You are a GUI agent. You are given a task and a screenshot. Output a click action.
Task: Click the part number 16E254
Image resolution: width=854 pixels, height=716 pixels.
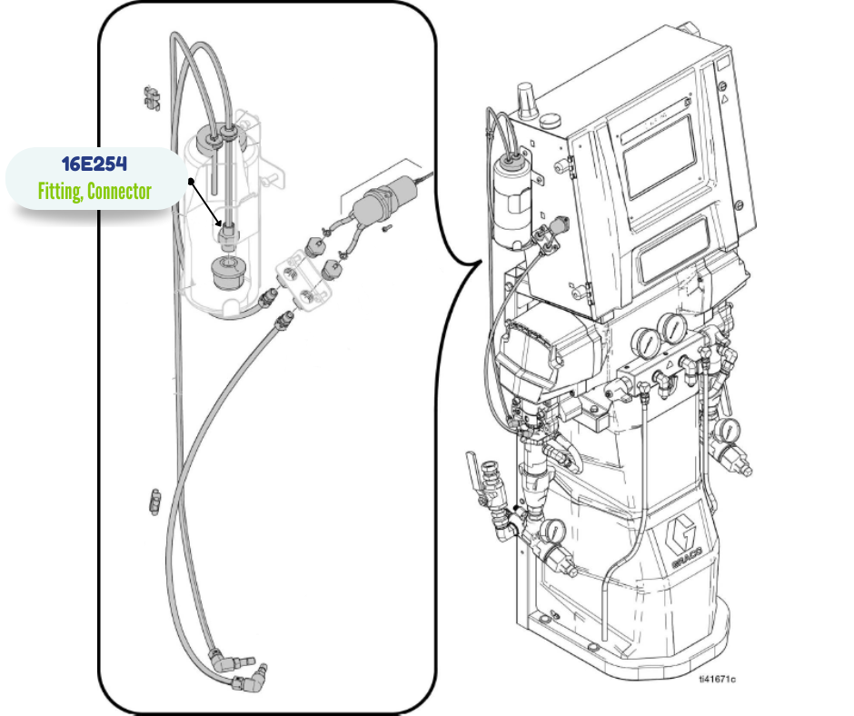pyautogui.click(x=94, y=165)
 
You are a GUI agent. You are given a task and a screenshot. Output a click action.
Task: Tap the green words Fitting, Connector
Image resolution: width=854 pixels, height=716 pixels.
pyautogui.click(x=94, y=191)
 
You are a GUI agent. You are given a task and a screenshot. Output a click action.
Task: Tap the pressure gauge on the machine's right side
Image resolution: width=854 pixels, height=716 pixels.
pyautogui.click(x=727, y=430)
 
